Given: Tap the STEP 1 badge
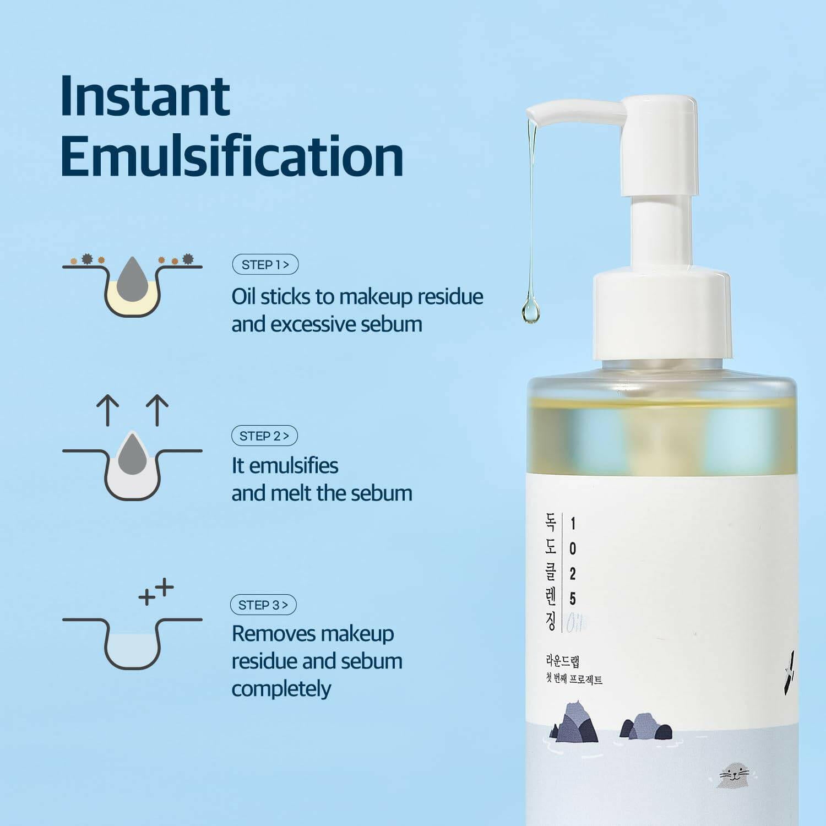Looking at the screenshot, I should tap(265, 264).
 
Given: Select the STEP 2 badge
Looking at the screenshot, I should tap(264, 436).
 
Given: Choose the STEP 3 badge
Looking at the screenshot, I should tap(263, 605).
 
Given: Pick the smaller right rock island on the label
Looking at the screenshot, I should tap(646, 727).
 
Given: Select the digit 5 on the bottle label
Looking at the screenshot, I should tap(573, 598).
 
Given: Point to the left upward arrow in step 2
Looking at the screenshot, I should tap(107, 410).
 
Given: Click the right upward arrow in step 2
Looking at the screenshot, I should tap(157, 410).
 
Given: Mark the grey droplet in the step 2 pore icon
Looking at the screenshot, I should tap(132, 454).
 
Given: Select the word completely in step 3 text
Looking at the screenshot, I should tap(281, 689).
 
